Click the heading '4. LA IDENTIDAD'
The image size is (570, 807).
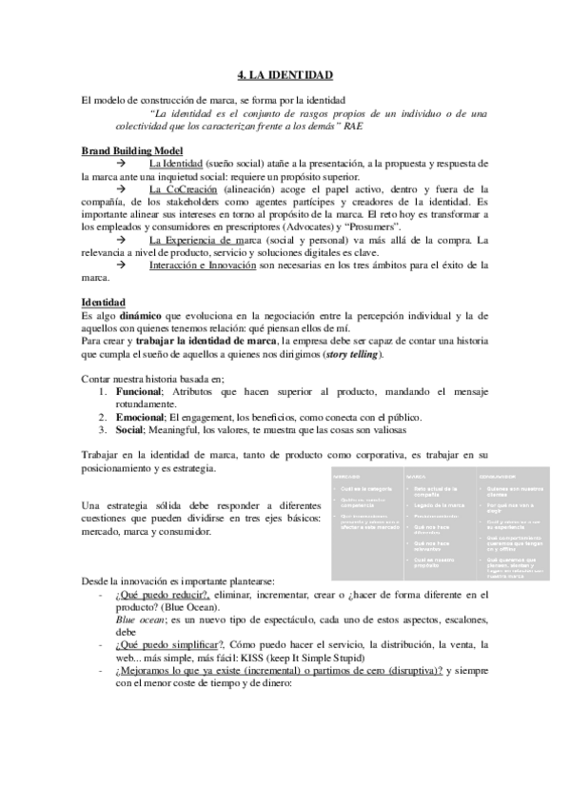point(285,74)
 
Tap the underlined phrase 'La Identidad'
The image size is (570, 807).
point(176,164)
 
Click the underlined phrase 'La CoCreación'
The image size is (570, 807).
point(181,189)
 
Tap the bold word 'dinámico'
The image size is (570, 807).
point(143,315)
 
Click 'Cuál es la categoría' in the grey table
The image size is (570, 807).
point(365,489)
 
